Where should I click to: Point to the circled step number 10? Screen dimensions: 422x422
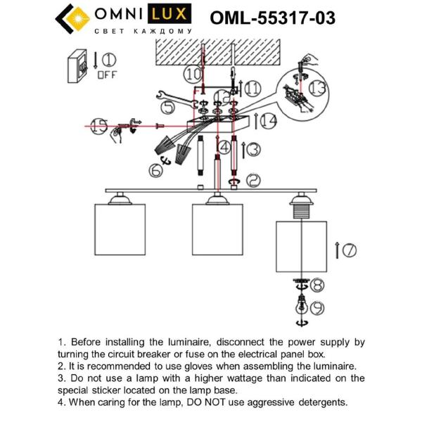coord(192,72)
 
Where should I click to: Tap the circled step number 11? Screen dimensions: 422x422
coord(252,88)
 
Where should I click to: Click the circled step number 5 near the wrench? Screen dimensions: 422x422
coord(166,107)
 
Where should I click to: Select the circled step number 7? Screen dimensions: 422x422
coord(349,249)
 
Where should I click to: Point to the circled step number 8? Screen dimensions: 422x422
coord(317,285)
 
